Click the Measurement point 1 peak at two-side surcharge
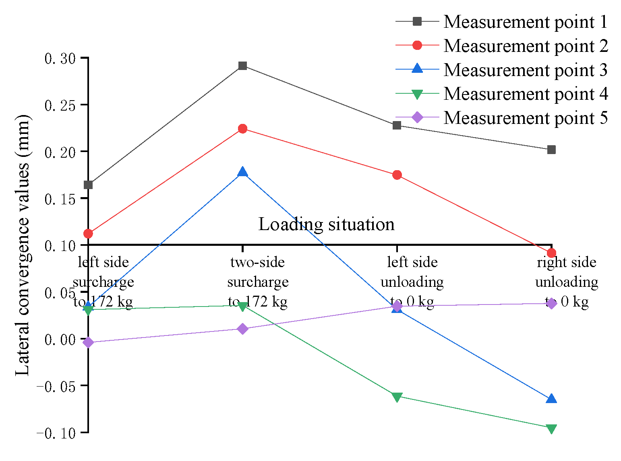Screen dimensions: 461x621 pyautogui.click(x=242, y=66)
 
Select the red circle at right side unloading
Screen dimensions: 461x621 pyautogui.click(x=551, y=253)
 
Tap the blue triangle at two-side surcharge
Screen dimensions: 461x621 pyautogui.click(x=242, y=172)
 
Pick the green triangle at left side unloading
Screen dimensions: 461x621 pyautogui.click(x=397, y=397)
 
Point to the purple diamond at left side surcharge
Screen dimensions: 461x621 pyautogui.click(x=88, y=342)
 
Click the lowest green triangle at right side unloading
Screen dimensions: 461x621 pyautogui.click(x=551, y=429)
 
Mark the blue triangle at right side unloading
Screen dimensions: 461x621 pyautogui.click(x=551, y=399)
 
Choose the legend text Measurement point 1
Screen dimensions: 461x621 pyautogui.click(x=525, y=22)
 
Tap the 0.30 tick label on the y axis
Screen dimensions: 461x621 pyautogui.click(x=60, y=59)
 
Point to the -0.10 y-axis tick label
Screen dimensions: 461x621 pyautogui.click(x=56, y=433)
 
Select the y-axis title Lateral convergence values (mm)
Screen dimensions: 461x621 pyautogui.click(x=23, y=245)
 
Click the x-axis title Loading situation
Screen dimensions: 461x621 pyautogui.click(x=326, y=224)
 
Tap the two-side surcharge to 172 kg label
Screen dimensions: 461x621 pyautogui.click(x=258, y=282)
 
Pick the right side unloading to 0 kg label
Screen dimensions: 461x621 pyautogui.click(x=567, y=282)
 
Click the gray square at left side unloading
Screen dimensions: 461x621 pyautogui.click(x=397, y=126)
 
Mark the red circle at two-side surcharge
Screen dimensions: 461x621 pyautogui.click(x=242, y=129)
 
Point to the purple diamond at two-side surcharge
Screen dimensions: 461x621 pyautogui.click(x=242, y=329)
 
